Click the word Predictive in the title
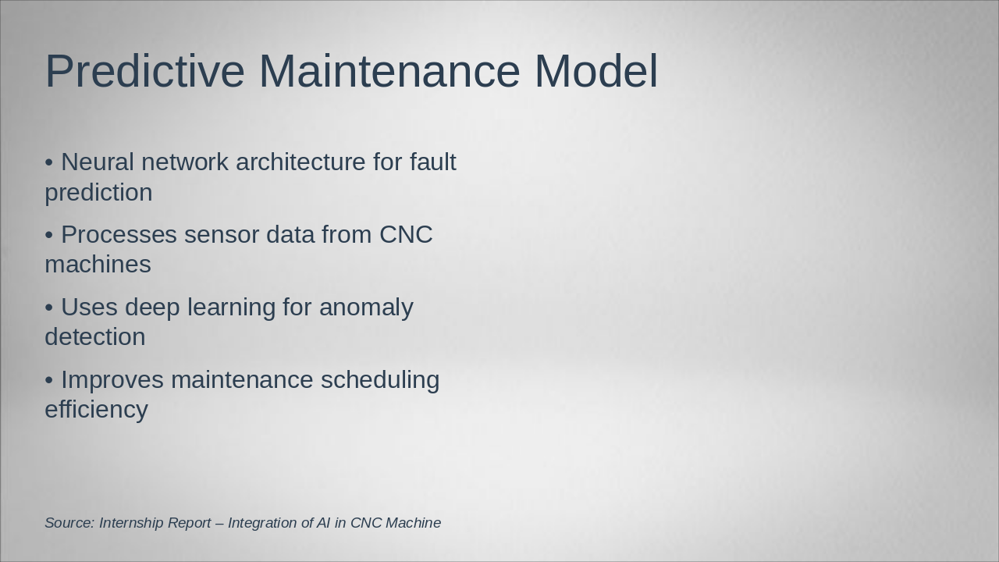click(x=145, y=71)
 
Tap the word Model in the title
click(x=595, y=71)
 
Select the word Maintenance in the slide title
click(x=389, y=71)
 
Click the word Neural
click(x=98, y=162)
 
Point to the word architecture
click(x=300, y=162)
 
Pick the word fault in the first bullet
click(x=432, y=162)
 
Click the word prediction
click(x=98, y=193)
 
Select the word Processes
click(x=119, y=235)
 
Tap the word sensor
click(x=222, y=235)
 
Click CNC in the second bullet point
click(x=406, y=235)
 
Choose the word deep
click(x=152, y=308)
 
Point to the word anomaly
click(x=366, y=308)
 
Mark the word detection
click(x=95, y=336)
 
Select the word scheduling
click(x=380, y=380)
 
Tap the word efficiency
click(x=96, y=410)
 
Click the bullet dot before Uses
click(x=49, y=308)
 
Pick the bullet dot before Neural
click(x=49, y=162)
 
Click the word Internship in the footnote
click(x=131, y=523)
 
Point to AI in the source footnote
click(x=323, y=523)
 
